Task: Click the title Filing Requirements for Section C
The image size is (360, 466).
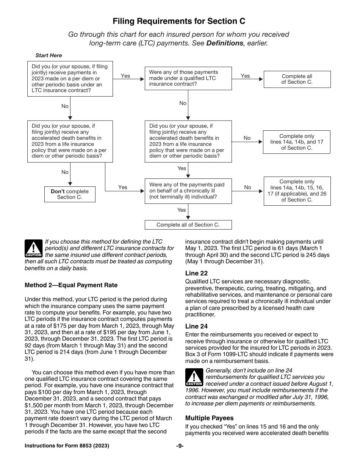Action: click(x=179, y=21)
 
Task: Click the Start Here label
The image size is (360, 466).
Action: click(x=49, y=55)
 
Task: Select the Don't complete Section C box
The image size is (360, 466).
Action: click(x=70, y=194)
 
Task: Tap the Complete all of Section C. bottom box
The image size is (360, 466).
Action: click(x=188, y=225)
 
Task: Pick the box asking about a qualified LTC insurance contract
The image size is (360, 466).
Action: click(x=188, y=78)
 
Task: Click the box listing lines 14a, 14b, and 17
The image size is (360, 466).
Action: click(x=297, y=142)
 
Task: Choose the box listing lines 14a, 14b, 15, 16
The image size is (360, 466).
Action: click(x=297, y=191)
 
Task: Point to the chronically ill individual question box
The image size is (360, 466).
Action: click(x=188, y=191)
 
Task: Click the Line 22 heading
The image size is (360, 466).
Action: click(x=196, y=273)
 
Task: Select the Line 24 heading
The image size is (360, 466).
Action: click(x=196, y=326)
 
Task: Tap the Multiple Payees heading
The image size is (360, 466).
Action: click(x=209, y=418)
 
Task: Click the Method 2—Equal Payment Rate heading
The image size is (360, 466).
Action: click(x=71, y=285)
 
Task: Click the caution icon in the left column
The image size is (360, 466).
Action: click(x=33, y=249)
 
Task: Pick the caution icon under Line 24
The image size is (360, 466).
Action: click(x=194, y=377)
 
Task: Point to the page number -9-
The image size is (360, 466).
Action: click(x=180, y=446)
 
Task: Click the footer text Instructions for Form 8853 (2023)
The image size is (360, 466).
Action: click(x=67, y=446)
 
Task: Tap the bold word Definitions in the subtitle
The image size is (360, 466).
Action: click(x=224, y=43)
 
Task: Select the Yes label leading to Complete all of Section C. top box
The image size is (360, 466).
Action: click(x=245, y=76)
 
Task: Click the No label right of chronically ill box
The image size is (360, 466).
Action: click(x=247, y=187)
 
